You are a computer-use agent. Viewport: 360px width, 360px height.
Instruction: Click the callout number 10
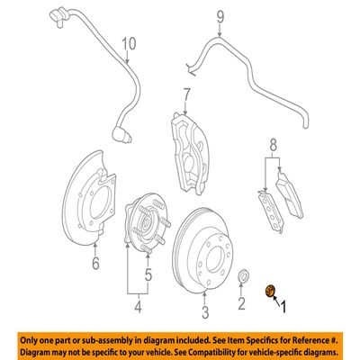pos(129,44)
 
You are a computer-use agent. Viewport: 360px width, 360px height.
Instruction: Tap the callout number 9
pos(220,17)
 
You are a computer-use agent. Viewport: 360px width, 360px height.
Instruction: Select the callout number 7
pos(186,95)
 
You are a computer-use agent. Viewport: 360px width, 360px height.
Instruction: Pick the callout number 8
pos(273,146)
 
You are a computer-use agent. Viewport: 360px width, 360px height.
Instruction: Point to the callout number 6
pos(95,264)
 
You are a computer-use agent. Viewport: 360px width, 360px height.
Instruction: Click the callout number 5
pos(148,274)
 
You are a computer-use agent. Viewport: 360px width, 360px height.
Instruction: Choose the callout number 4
pos(138,306)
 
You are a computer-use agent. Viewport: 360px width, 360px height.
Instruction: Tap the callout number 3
pos(205,311)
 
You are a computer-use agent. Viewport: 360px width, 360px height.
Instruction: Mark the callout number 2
pos(241,303)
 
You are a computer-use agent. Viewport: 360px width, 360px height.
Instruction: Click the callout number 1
pos(283,307)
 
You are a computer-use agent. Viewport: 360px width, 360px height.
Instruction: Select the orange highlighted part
pos(270,291)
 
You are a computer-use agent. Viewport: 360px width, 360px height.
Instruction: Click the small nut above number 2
pos(242,276)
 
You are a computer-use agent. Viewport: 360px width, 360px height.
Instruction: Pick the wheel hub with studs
pos(148,224)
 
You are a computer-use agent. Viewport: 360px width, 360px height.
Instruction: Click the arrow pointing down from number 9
pos(220,30)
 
